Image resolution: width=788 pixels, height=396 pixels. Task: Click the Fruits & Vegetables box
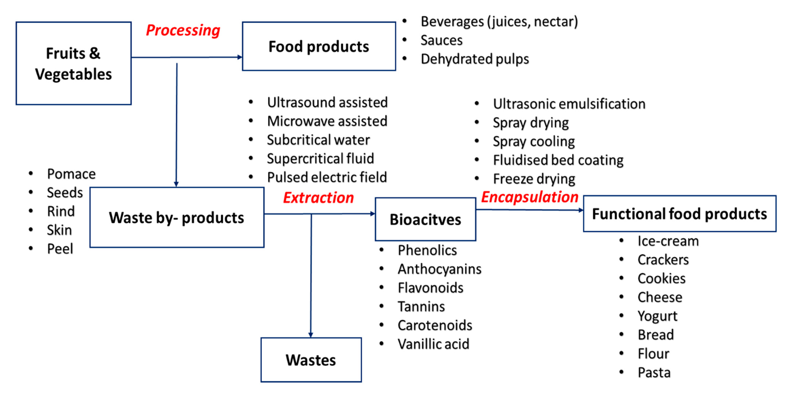pyautogui.click(x=73, y=63)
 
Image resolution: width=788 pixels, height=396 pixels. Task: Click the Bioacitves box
pyautogui.click(x=425, y=219)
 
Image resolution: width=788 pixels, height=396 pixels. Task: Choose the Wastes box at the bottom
pyautogui.click(x=311, y=360)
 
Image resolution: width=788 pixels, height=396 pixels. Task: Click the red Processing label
pyautogui.click(x=183, y=30)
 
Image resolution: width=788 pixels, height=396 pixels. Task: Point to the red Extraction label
pyautogui.click(x=318, y=198)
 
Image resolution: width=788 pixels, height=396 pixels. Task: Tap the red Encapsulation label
pyautogui.click(x=530, y=197)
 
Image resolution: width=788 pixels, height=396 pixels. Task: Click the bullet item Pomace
pyautogui.click(x=71, y=174)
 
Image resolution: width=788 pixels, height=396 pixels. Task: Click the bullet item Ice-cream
pyautogui.click(x=668, y=241)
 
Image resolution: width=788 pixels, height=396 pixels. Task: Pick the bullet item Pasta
pyautogui.click(x=654, y=372)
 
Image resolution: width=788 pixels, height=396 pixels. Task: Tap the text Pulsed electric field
pyautogui.click(x=327, y=177)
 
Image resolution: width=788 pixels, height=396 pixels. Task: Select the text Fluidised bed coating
pyautogui.click(x=558, y=160)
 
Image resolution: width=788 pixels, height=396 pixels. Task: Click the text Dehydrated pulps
pyautogui.click(x=474, y=59)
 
